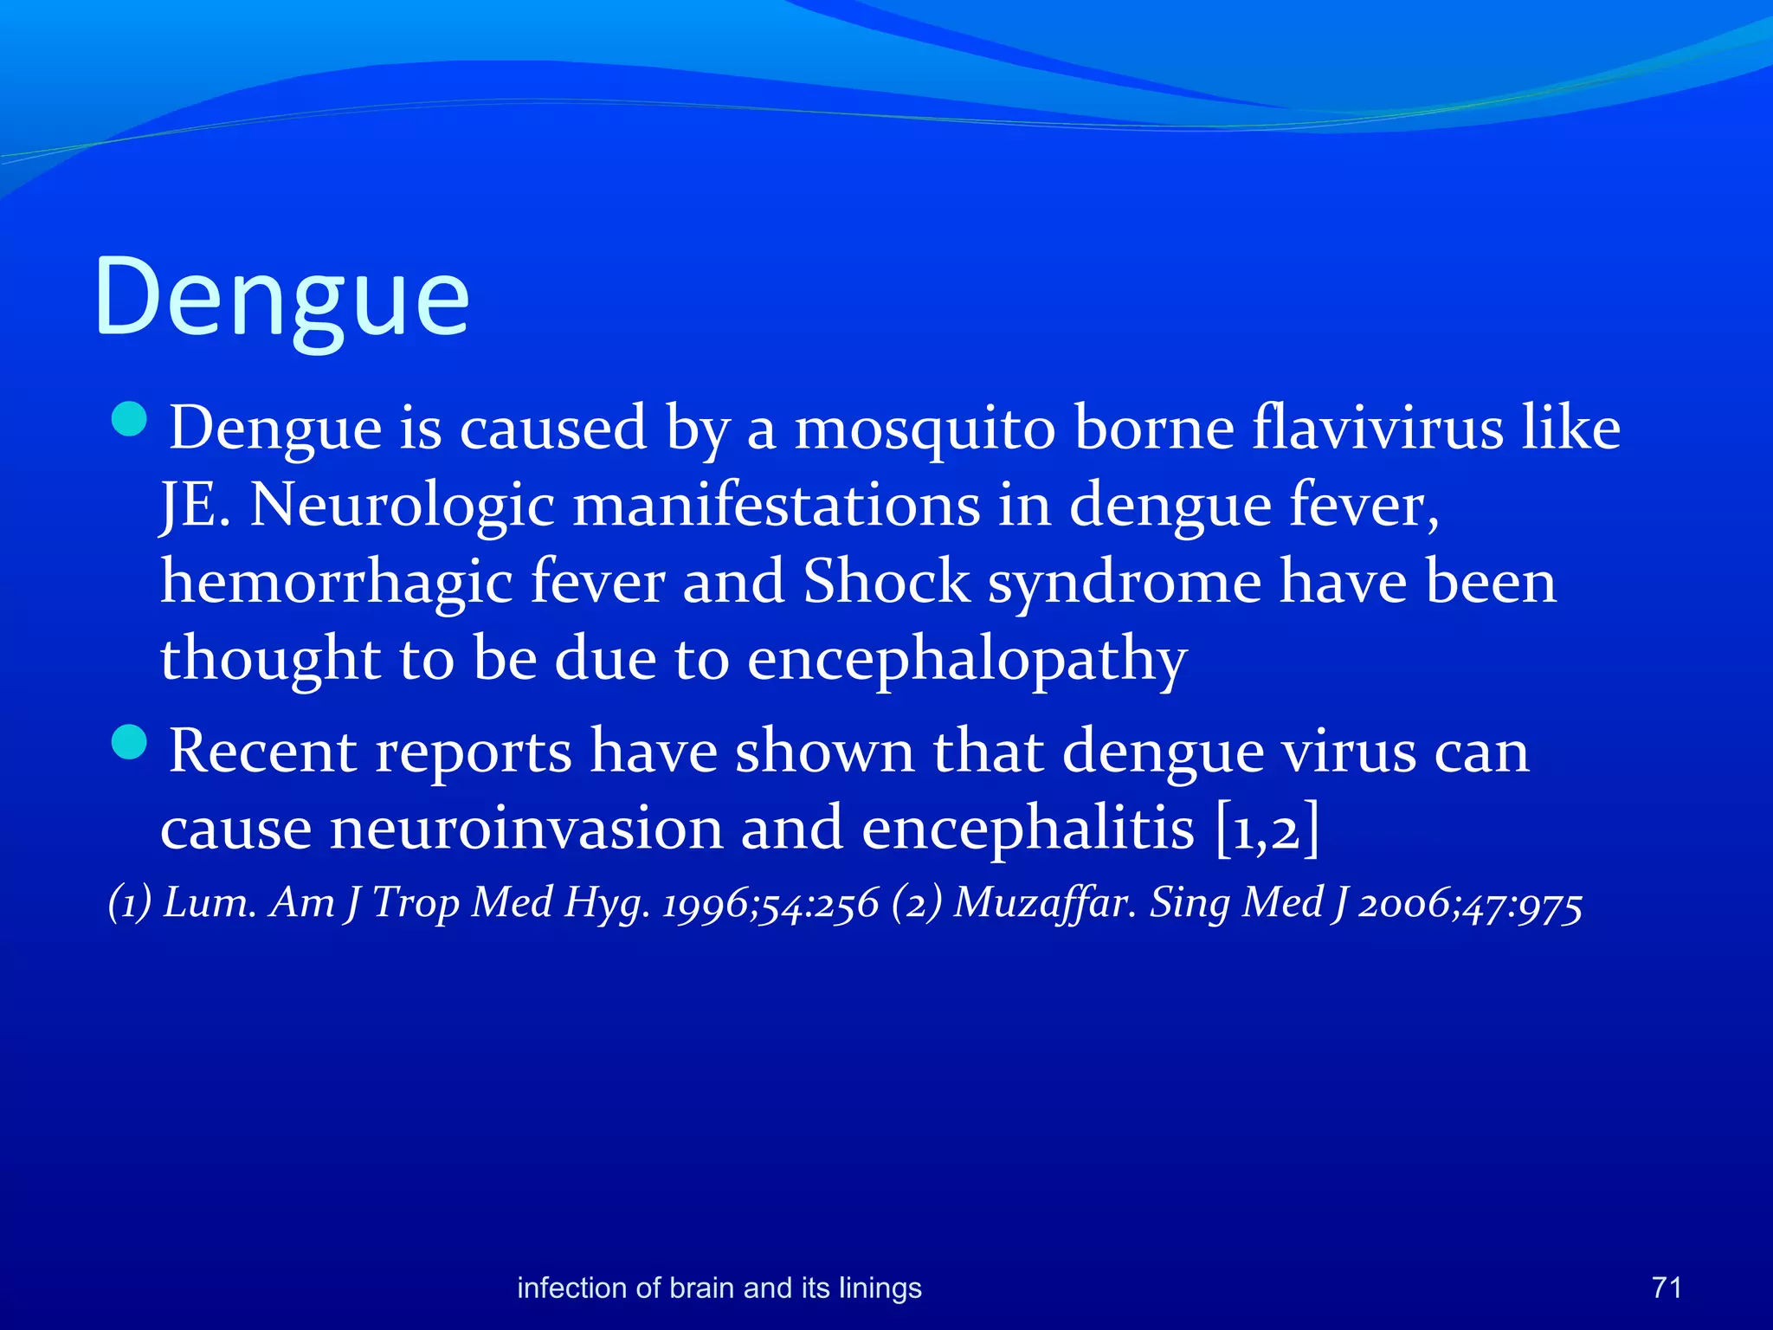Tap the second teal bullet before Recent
pyautogui.click(x=130, y=742)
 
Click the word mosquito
pyautogui.click(x=924, y=429)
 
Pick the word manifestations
pyautogui.click(x=777, y=505)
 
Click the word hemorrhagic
pyautogui.click(x=337, y=582)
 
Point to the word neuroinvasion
pyautogui.click(x=525, y=829)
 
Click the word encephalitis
pyautogui.click(x=1028, y=829)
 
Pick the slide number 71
pyautogui.click(x=1667, y=1288)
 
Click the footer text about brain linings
pyautogui.click(x=719, y=1288)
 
